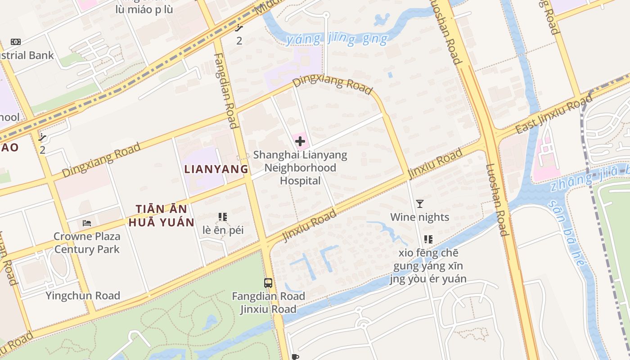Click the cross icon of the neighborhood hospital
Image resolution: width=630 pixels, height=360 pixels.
point(300,141)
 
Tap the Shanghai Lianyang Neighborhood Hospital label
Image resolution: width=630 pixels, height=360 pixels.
point(300,168)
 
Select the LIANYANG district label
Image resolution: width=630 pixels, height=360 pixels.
point(216,169)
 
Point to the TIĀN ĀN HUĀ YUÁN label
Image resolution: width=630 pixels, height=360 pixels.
point(161,216)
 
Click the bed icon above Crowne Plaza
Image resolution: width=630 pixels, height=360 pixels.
point(87,223)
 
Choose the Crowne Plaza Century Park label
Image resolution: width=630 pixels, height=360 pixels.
point(87,243)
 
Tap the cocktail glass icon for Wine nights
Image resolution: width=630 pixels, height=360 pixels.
point(420,204)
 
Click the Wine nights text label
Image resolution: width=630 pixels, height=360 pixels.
point(419,217)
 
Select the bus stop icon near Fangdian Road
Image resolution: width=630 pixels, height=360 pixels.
point(268,283)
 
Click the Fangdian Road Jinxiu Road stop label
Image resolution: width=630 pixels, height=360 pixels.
point(268,303)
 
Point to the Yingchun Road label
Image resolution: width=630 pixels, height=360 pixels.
point(83,296)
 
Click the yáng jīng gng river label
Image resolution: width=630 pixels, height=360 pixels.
point(336,40)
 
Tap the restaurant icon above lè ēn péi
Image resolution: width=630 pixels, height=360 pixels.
point(223,217)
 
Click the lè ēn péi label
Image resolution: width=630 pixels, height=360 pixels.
point(223,230)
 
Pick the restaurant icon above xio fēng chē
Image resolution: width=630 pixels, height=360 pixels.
point(428,239)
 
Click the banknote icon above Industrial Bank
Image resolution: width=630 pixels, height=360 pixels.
point(16,42)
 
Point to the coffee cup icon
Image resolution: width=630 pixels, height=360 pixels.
point(295,357)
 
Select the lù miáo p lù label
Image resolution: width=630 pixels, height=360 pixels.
point(144,9)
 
